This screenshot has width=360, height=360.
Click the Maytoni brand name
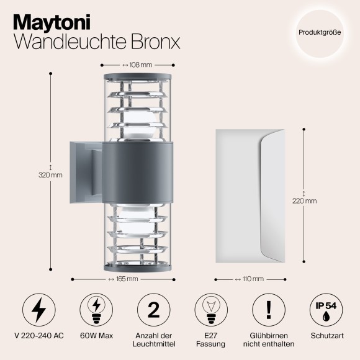(x=53, y=22)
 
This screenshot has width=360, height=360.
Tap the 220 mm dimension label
(x=305, y=201)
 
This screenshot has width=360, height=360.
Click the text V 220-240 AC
(x=38, y=335)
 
